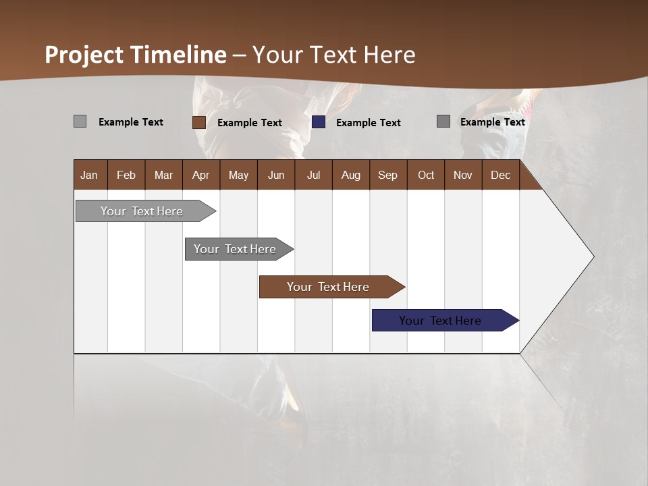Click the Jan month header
point(90,175)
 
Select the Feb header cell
point(126,175)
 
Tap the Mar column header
point(163,175)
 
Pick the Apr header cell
point(201,175)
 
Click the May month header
point(238,175)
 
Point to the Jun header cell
point(276,175)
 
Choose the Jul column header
point(313,175)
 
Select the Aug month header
point(351,175)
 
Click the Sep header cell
point(388,175)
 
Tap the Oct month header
point(426,175)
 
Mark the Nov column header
point(463,175)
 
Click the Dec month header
point(501,175)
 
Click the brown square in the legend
point(199,122)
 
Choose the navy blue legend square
point(319,122)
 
